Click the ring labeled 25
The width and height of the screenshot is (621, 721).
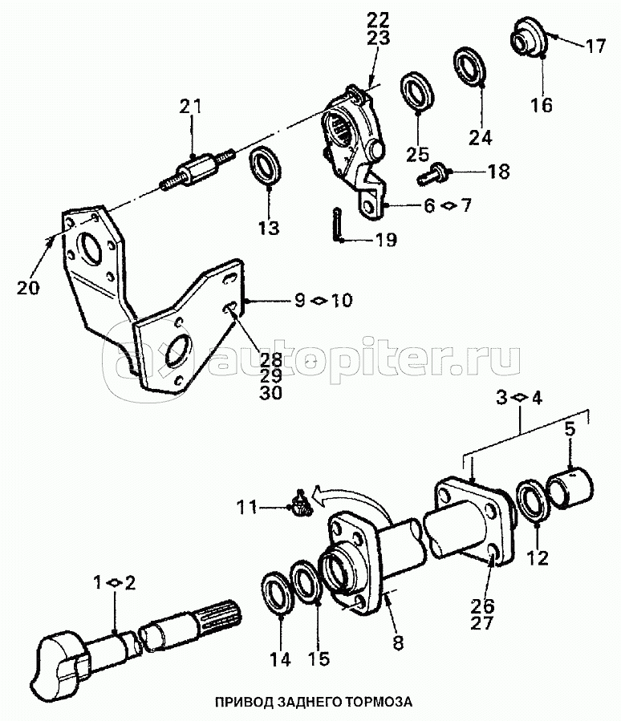(x=417, y=87)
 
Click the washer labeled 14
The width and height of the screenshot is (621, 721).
(x=278, y=593)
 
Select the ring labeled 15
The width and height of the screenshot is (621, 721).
(x=306, y=583)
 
